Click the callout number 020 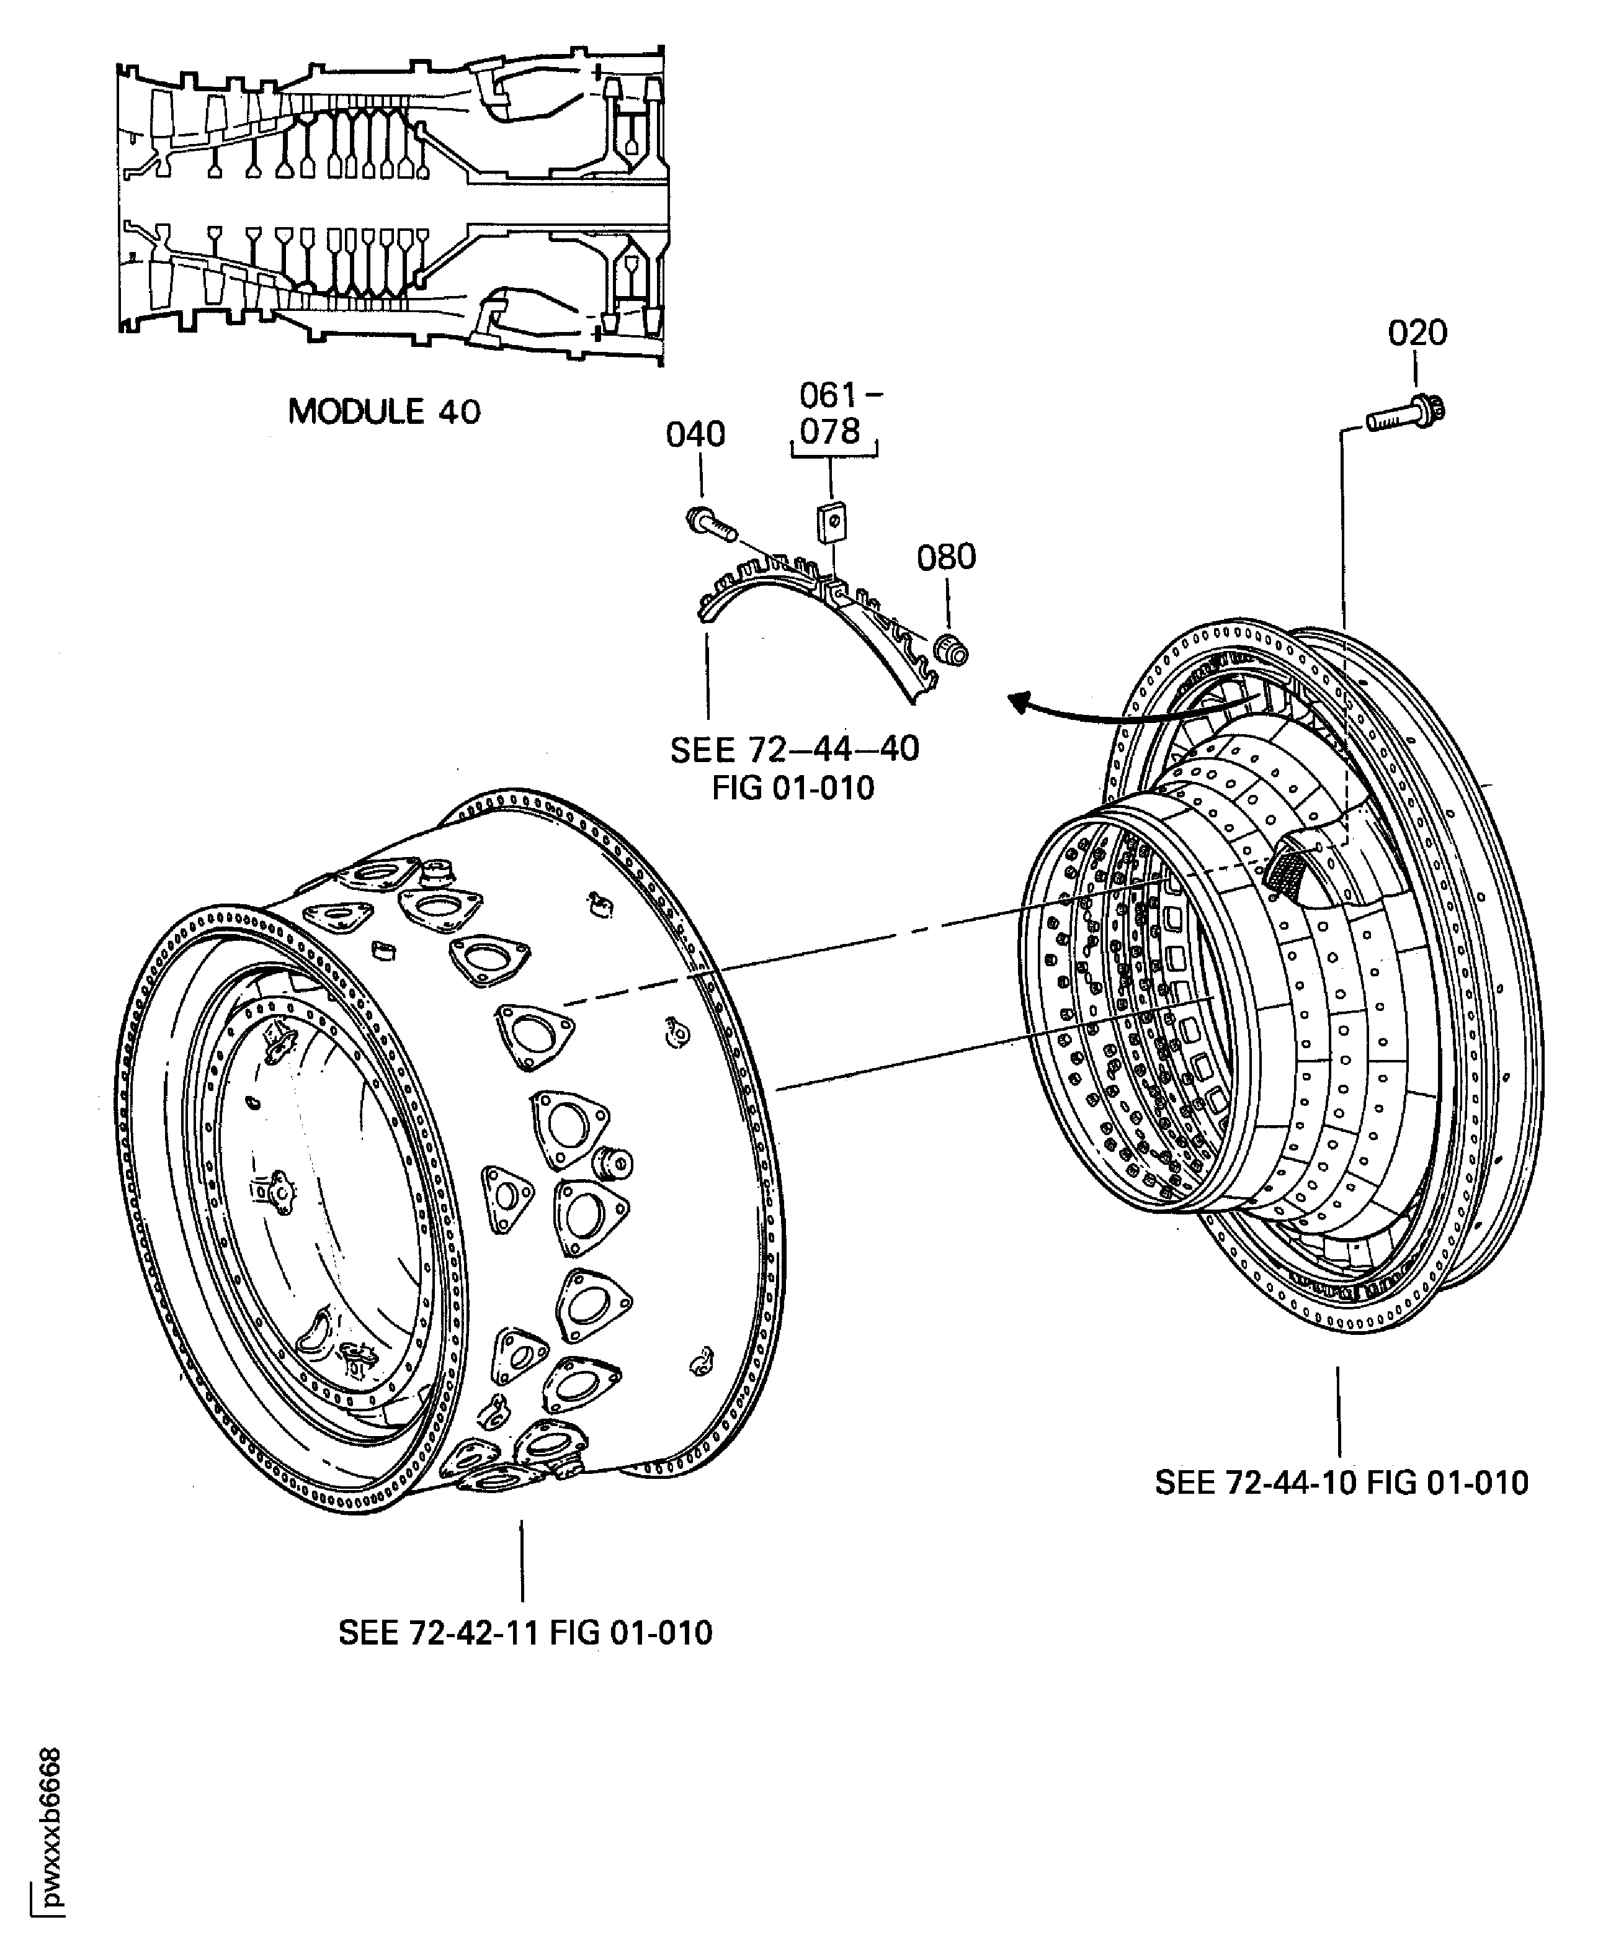[1417, 333]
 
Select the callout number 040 [695, 434]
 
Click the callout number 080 [945, 557]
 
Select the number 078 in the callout [830, 431]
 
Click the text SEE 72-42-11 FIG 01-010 [525, 1632]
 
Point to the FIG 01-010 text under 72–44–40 [793, 788]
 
